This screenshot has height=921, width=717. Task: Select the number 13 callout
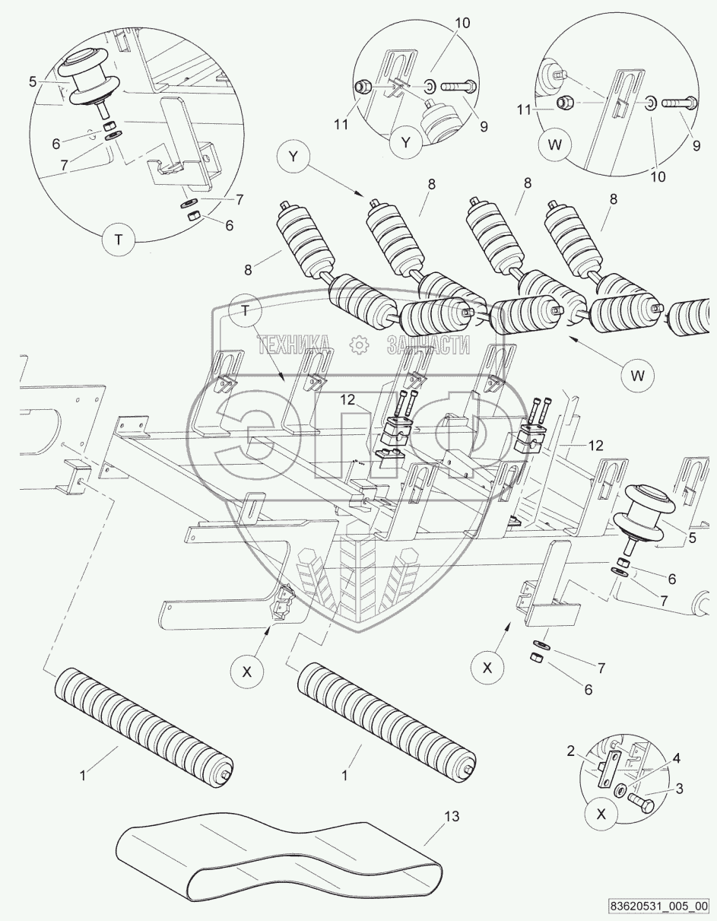click(452, 816)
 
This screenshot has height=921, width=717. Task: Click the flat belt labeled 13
click(279, 870)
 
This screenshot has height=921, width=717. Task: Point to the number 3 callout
click(679, 789)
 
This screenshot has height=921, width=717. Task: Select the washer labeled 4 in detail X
click(620, 789)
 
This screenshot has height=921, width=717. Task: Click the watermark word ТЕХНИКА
click(293, 345)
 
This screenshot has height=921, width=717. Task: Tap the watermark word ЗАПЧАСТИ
click(428, 345)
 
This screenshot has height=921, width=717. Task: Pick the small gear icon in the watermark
click(359, 345)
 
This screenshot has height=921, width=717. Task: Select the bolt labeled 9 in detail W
click(677, 102)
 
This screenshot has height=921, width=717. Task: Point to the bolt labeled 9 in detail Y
click(459, 87)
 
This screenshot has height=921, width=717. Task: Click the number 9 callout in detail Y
click(484, 126)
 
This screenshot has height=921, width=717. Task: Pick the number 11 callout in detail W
click(524, 110)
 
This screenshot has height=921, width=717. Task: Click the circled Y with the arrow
click(293, 157)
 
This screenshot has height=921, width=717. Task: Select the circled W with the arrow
click(637, 375)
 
